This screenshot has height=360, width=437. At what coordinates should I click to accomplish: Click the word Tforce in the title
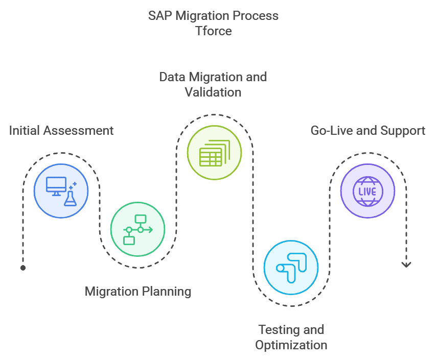pos(214,31)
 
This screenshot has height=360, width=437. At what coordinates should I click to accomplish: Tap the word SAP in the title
pos(160,15)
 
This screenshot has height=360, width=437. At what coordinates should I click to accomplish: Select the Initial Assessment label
pos(61,130)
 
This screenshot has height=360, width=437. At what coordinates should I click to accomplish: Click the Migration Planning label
pos(138,292)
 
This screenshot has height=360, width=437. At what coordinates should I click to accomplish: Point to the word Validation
pos(213,92)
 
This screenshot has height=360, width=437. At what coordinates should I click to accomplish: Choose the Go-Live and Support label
pos(367,130)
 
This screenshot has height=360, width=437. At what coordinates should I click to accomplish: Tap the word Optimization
pos(291,345)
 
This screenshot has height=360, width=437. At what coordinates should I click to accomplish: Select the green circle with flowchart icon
pos(138,229)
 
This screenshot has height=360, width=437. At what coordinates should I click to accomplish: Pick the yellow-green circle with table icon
pos(214,153)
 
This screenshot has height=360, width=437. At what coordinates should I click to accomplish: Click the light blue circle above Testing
pos(291,268)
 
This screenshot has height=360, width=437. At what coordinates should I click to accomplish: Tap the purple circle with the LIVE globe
pos(367,191)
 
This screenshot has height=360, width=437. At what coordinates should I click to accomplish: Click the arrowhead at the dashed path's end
pos(406,265)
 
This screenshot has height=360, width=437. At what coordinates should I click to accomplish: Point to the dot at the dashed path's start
pos(23,267)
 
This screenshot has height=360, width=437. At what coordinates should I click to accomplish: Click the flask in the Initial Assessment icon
pos(70,198)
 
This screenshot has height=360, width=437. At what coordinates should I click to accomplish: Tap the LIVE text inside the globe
pos(367,191)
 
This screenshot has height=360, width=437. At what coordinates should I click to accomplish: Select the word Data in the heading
pos(172,77)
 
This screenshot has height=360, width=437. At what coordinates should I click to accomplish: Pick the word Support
pos(404,130)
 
